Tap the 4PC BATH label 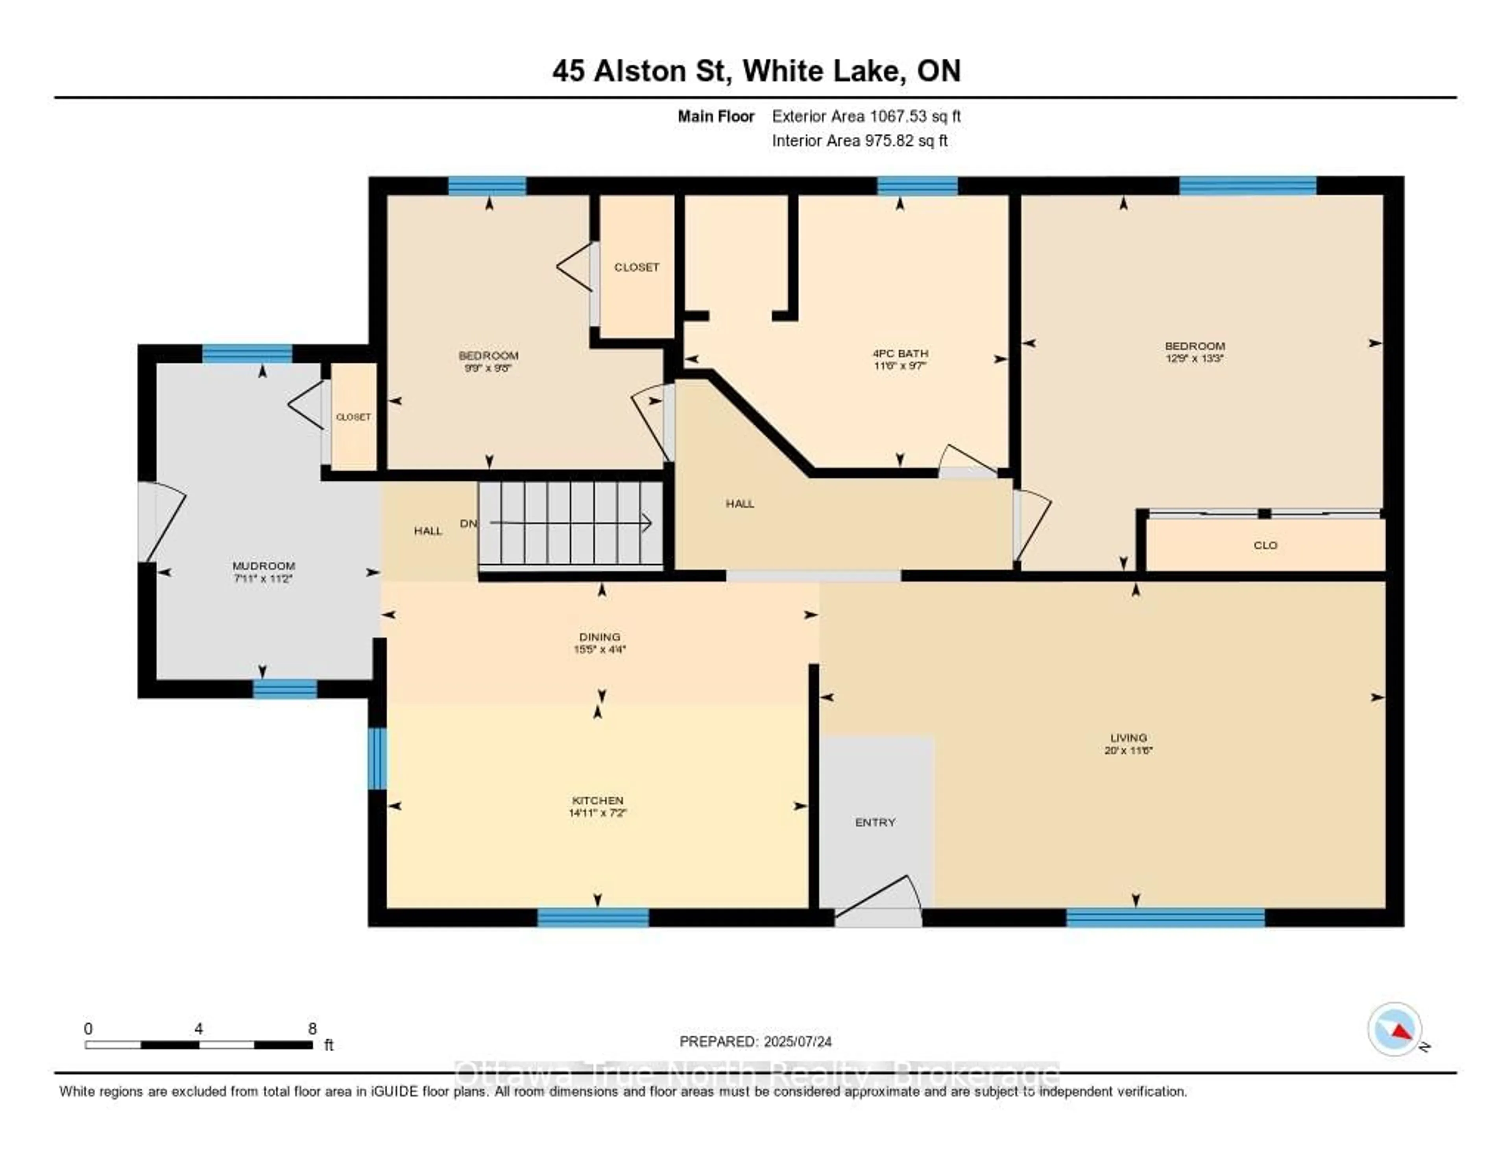click(900, 353)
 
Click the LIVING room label click(1129, 737)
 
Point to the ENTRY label click(875, 822)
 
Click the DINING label click(599, 636)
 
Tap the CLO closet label click(1265, 545)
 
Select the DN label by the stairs click(468, 524)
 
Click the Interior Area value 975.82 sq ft click(906, 141)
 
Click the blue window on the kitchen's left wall click(376, 758)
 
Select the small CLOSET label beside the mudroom click(353, 417)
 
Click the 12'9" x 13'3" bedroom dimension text click(1194, 358)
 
